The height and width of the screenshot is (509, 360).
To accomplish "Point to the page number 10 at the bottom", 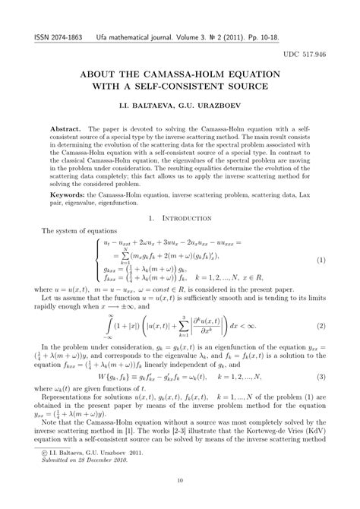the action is pos(180,479).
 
